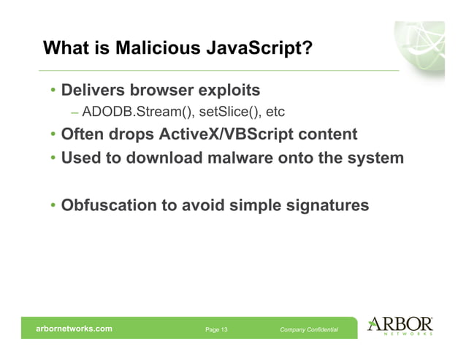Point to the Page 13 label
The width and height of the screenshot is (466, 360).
(x=216, y=330)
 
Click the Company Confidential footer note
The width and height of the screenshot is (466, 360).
(x=309, y=330)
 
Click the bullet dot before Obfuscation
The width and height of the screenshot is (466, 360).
(x=53, y=207)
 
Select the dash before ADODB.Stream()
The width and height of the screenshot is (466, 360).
(x=75, y=113)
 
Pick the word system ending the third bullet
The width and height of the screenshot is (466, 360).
(x=375, y=157)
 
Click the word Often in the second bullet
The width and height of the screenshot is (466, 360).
(x=81, y=135)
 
